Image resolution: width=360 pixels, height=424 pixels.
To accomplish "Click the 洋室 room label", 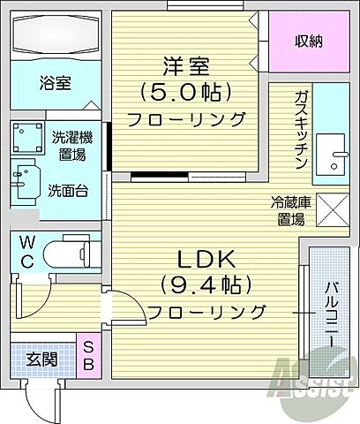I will click(x=184, y=65).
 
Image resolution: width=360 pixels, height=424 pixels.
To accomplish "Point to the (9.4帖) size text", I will click(x=206, y=285).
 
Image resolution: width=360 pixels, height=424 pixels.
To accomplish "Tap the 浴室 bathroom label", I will click(x=55, y=84).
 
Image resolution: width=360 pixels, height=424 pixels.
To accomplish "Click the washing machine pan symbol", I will click(x=28, y=138).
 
